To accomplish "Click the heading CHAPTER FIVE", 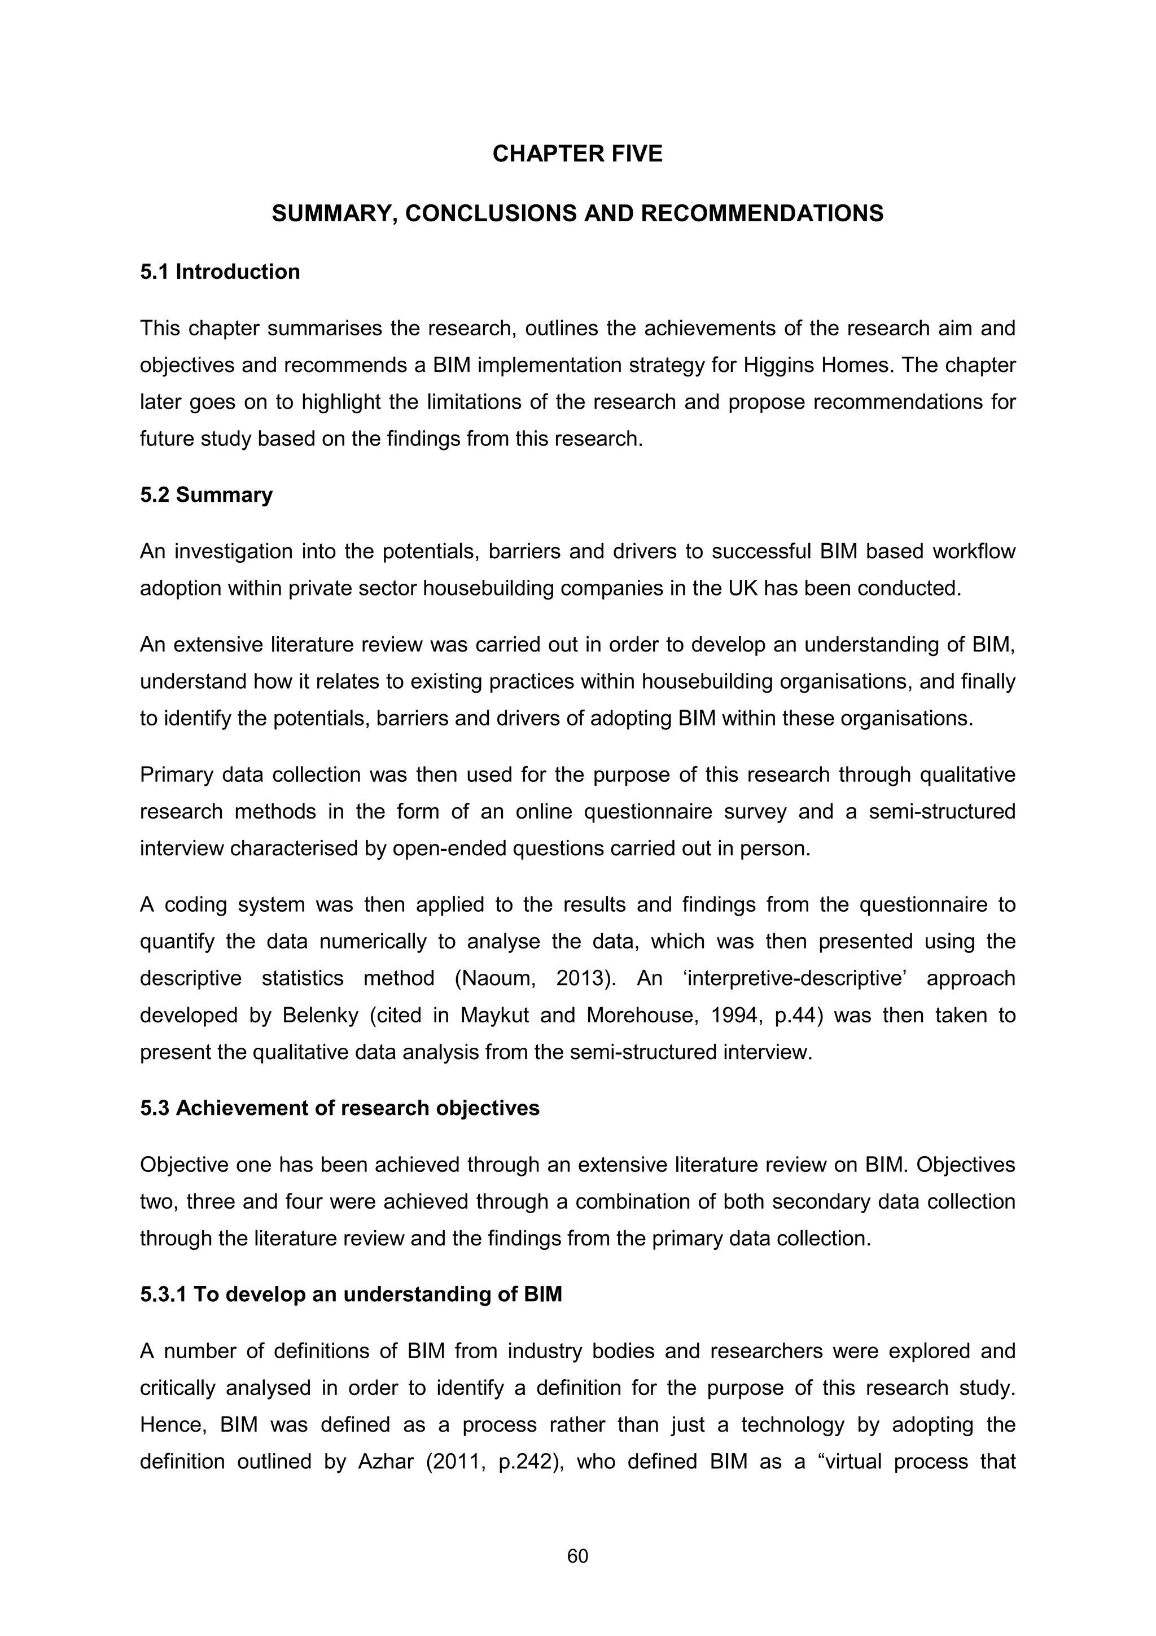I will pyautogui.click(x=577, y=154).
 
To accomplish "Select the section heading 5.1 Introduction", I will pyautogui.click(x=220, y=272).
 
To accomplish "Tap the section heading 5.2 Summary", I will pyautogui.click(x=206, y=495).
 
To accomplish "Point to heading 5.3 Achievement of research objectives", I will pyautogui.click(x=339, y=1109).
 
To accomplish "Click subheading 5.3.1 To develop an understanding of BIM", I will pyautogui.click(x=351, y=1294).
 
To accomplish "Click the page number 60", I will pyautogui.click(x=577, y=1556).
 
